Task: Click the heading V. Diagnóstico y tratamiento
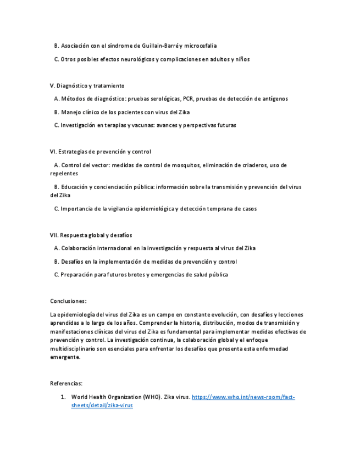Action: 87,86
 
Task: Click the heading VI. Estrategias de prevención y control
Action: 100,152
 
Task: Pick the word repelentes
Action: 64,174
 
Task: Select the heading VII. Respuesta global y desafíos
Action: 91,235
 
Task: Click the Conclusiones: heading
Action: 68,301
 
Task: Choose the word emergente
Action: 64,357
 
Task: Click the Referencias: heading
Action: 66,384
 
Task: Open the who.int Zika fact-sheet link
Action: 243,397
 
